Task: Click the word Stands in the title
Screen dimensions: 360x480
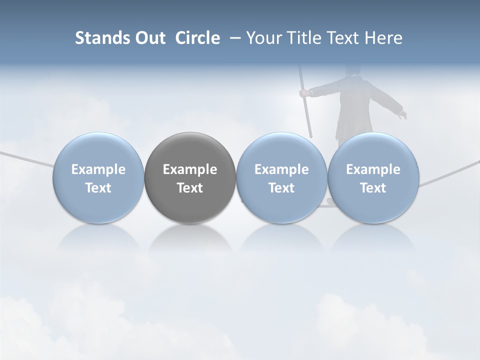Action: point(102,38)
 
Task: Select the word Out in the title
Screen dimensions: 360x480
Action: point(149,38)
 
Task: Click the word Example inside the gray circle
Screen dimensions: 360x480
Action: point(190,169)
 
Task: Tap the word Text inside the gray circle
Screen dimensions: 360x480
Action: point(190,188)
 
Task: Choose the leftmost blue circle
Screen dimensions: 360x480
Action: point(98,177)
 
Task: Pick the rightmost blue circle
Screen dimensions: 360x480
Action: point(373,177)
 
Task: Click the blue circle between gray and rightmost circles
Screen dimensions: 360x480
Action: point(281,177)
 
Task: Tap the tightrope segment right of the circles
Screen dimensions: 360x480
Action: point(447,173)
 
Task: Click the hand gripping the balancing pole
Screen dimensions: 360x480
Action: point(304,92)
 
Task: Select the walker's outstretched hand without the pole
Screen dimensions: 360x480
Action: point(402,114)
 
